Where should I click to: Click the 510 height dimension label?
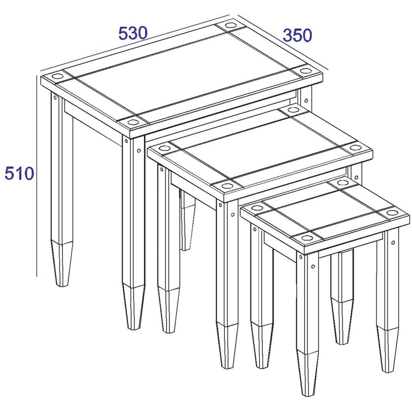coord(20,173)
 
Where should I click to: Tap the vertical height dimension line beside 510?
coord(37,176)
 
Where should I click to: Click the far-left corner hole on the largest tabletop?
coord(57,77)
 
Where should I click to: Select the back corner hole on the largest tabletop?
coord(230,26)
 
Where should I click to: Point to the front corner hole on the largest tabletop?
coord(133,122)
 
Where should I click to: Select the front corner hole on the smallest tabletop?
coord(306,238)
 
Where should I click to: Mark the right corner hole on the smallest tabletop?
coord(392,212)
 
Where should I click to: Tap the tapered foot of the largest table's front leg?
coord(133,307)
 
